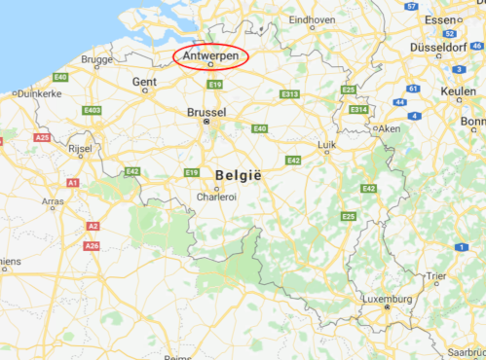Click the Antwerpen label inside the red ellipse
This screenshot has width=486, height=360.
[x=210, y=55]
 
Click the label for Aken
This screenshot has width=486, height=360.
[x=390, y=128]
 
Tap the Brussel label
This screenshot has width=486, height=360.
[x=206, y=113]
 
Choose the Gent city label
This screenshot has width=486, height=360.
[x=144, y=83]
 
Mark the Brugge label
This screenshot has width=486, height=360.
[x=96, y=59]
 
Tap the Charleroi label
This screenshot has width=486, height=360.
[x=216, y=196]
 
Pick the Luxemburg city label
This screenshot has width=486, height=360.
[x=387, y=299]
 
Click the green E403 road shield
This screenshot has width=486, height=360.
[x=93, y=110]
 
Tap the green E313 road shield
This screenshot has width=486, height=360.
[x=289, y=94]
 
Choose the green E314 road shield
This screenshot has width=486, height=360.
[x=358, y=110]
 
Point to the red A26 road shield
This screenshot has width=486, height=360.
[x=92, y=246]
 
